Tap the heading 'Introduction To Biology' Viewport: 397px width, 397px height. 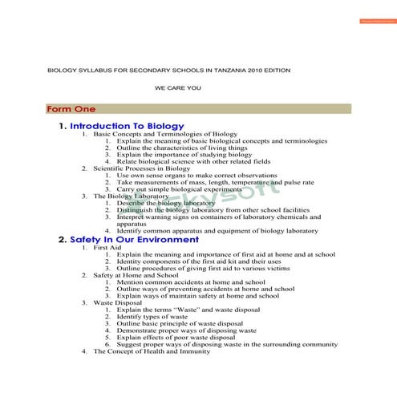tap(127, 126)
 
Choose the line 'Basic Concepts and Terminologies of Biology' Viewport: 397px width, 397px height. tap(165, 134)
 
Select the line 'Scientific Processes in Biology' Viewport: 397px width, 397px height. tap(142, 168)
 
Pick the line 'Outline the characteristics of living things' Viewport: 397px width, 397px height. tap(181, 148)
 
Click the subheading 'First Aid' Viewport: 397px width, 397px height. tap(107, 248)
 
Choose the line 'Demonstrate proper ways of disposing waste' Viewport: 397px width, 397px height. tap(186, 330)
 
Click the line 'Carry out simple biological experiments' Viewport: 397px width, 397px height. tap(179, 189)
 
